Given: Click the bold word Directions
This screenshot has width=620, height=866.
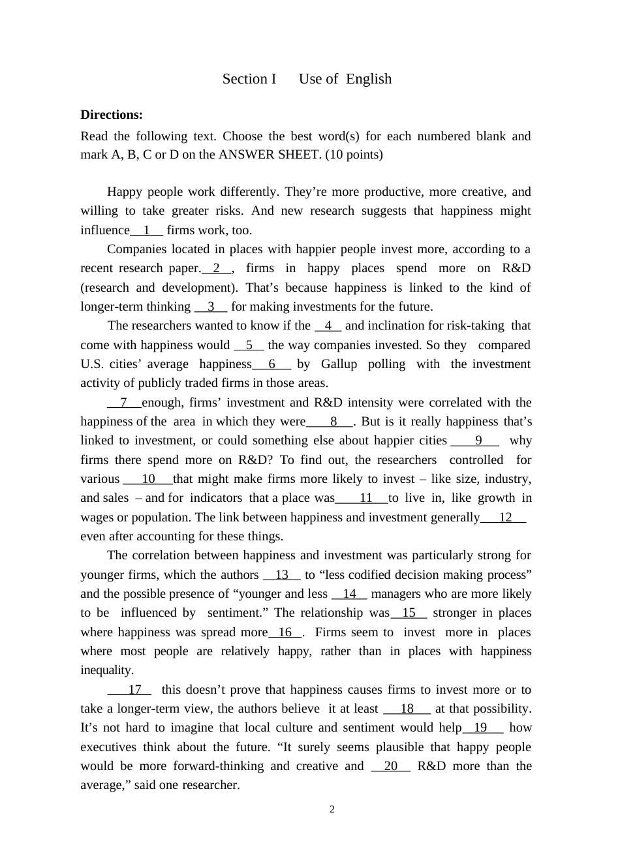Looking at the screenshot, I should click(x=112, y=115).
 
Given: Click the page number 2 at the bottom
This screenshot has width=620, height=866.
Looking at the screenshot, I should click(x=332, y=810).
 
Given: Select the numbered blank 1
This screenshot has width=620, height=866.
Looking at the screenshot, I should click(x=147, y=230).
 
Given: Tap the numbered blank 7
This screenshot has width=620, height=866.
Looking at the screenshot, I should click(x=124, y=403).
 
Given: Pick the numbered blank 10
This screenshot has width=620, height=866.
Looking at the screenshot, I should click(x=148, y=479).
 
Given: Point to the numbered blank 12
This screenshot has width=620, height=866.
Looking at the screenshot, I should click(x=504, y=518).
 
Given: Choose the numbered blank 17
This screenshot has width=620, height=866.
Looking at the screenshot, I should click(x=134, y=690).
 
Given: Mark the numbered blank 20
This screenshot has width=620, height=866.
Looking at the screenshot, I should click(x=390, y=766).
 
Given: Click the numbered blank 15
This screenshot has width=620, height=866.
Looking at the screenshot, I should click(x=409, y=613).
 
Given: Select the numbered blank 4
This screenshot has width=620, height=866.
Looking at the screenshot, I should click(x=328, y=326).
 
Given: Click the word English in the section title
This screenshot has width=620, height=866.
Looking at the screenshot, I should click(x=369, y=79).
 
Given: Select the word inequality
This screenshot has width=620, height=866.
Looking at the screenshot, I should click(x=107, y=670).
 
